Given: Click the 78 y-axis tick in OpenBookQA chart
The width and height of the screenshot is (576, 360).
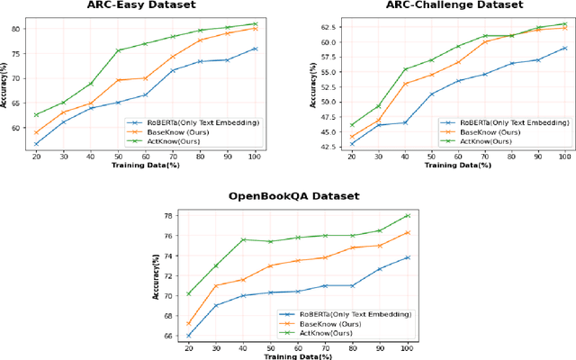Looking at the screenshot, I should click(x=169, y=216).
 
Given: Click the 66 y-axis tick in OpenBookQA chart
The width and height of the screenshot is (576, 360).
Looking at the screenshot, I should click(x=169, y=336).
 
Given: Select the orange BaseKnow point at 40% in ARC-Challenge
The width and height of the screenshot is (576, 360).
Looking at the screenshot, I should click(x=405, y=84).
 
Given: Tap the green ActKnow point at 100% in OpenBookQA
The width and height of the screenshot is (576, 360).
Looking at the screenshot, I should click(x=408, y=216).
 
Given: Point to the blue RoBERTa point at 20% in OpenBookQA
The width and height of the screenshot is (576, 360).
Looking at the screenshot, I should click(x=189, y=335).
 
